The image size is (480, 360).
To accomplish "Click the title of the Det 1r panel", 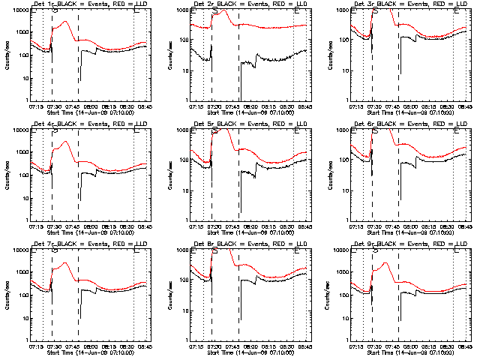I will pyautogui.click(x=88, y=4).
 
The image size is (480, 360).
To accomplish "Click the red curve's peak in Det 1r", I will pyautogui.click(x=66, y=21).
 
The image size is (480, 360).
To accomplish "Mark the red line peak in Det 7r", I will pyautogui.click(x=66, y=262).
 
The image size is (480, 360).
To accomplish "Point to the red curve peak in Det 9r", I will pyautogui.click(x=385, y=262).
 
